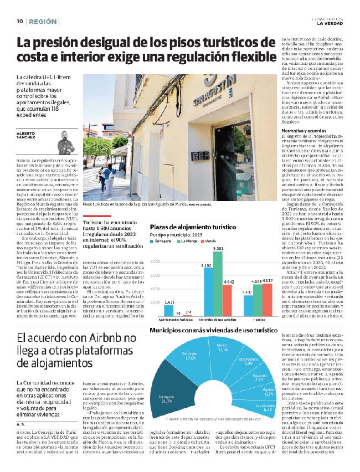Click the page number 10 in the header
[x=19, y=21]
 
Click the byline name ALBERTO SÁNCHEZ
[x=27, y=136]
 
